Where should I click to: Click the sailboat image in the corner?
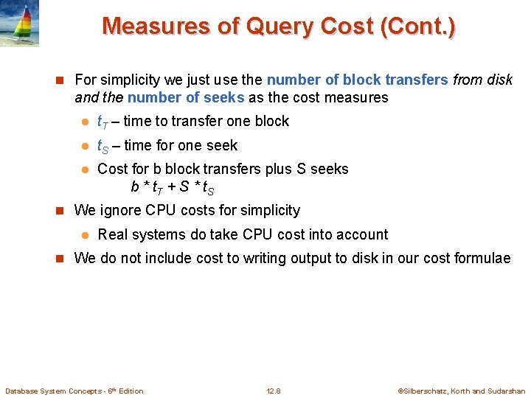pos(19,23)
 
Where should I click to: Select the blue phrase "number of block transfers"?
pos(357,80)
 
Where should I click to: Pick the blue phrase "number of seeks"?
pos(186,97)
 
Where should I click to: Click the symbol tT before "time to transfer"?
pos(103,122)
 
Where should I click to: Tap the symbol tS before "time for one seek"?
pos(103,146)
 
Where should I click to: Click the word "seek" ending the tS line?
pos(222,145)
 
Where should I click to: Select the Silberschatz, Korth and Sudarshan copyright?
pos(462,391)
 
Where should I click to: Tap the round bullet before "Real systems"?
pos(85,235)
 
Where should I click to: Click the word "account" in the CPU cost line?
pos(362,234)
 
